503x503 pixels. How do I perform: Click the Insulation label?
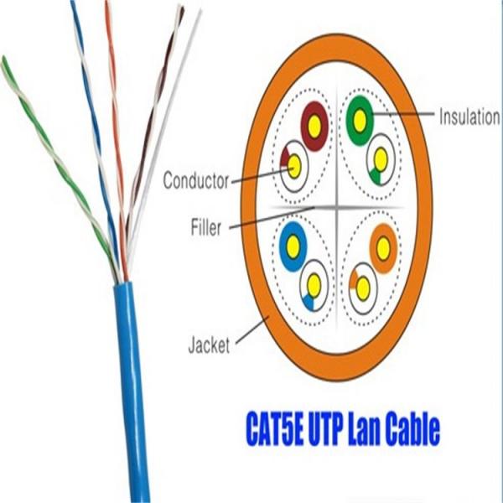point(469,117)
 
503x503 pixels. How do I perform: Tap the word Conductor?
point(195,179)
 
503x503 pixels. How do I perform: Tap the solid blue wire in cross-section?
point(293,245)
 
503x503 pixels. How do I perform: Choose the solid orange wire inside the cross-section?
point(383,246)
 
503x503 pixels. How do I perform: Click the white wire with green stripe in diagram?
point(380,158)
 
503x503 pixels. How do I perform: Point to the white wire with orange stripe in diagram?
point(363,288)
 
